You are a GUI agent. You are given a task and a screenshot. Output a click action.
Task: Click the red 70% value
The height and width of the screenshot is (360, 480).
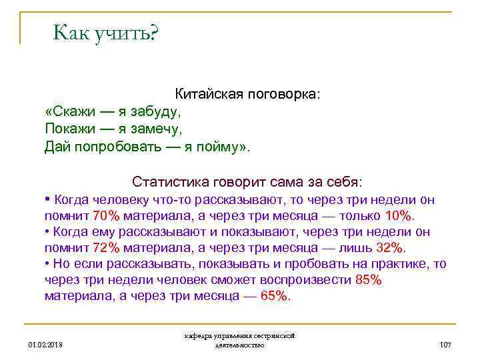[x=106, y=215]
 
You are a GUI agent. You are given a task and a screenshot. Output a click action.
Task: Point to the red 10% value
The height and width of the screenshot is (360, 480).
[x=399, y=215]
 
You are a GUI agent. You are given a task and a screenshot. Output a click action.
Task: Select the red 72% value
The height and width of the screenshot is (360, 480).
[x=106, y=248]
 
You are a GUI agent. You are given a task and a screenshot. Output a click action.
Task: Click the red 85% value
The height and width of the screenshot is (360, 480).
[x=369, y=280]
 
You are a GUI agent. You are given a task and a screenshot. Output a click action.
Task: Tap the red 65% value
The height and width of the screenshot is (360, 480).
[x=275, y=296]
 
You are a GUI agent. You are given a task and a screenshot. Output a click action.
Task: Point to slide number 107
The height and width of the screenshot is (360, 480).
[x=446, y=345]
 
